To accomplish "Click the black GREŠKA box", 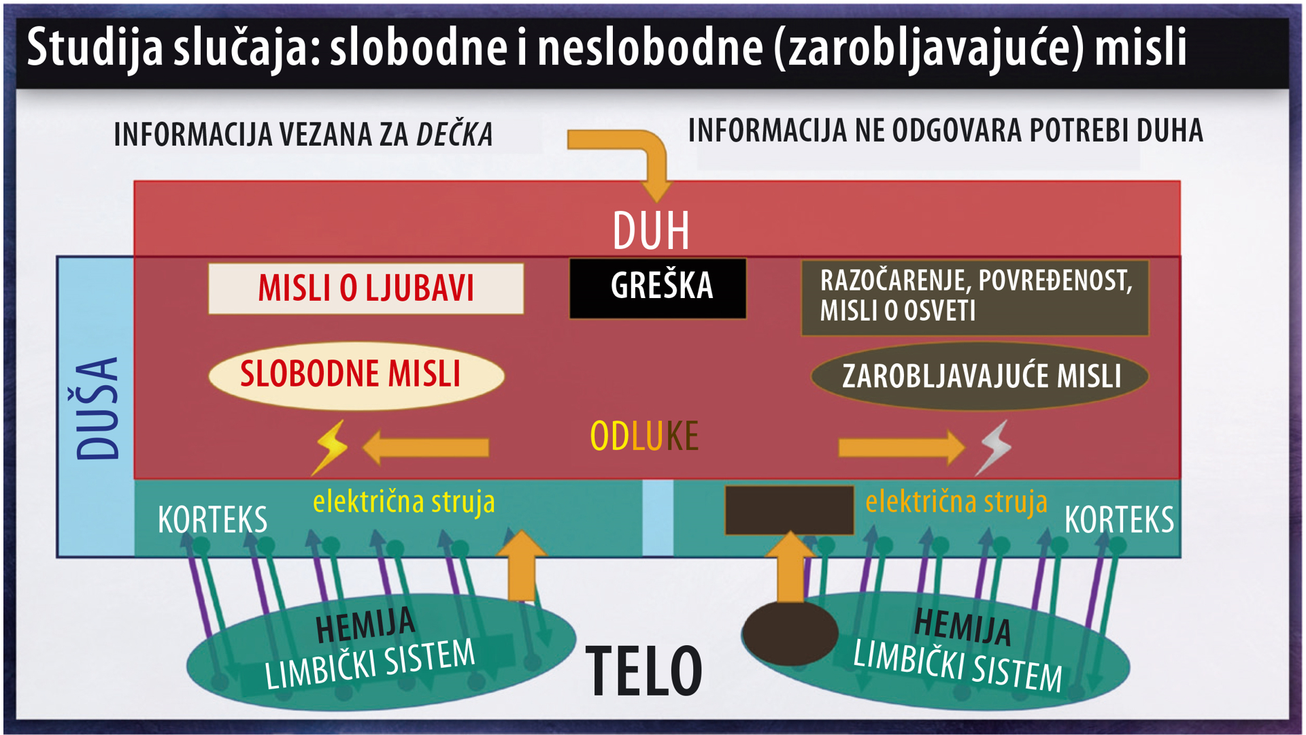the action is pyautogui.click(x=658, y=288).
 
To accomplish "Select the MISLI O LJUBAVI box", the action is pyautogui.click(x=366, y=289).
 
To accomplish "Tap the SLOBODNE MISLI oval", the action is pyautogui.click(x=356, y=376).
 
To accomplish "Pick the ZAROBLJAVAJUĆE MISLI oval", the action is pyautogui.click(x=979, y=376).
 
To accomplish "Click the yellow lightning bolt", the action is pyautogui.click(x=329, y=447).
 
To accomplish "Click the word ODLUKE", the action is pyautogui.click(x=644, y=436).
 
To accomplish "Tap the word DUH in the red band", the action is pyautogui.click(x=651, y=231).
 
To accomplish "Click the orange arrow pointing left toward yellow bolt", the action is pyautogui.click(x=425, y=447).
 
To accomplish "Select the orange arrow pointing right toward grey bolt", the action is pyautogui.click(x=902, y=447).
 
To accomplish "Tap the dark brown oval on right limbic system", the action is pyautogui.click(x=790, y=633).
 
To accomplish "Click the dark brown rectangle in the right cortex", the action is pyautogui.click(x=789, y=510).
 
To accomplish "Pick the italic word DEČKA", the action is pyautogui.click(x=454, y=134).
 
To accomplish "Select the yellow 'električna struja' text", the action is pyautogui.click(x=404, y=502).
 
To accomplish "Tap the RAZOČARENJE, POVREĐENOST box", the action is pyautogui.click(x=975, y=297).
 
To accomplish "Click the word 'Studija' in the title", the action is pyautogui.click(x=95, y=48).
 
